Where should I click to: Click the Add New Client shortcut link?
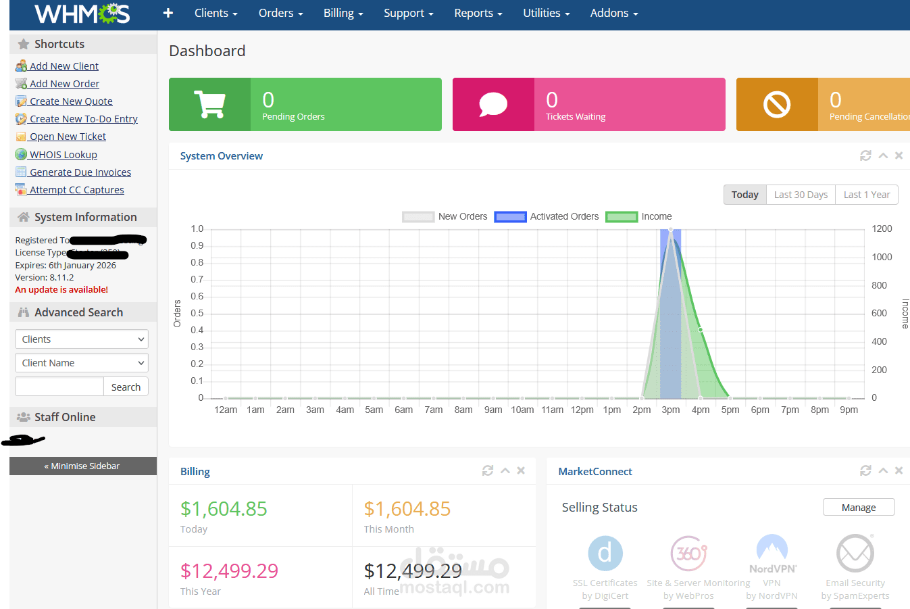click(x=64, y=66)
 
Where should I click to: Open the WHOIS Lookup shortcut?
click(x=63, y=155)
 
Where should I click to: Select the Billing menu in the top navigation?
click(x=343, y=14)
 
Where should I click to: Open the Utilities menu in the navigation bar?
click(x=546, y=14)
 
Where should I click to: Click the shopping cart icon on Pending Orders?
click(x=209, y=104)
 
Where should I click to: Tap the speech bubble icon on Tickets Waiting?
click(x=493, y=104)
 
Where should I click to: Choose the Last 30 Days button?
click(x=801, y=195)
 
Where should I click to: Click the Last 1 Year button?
click(x=867, y=195)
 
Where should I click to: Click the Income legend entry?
click(x=639, y=217)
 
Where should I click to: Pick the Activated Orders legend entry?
click(x=547, y=217)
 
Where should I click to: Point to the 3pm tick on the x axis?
click(x=671, y=410)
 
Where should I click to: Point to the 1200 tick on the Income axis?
click(x=882, y=229)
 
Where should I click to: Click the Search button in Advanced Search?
click(x=126, y=387)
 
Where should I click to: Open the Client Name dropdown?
click(x=82, y=363)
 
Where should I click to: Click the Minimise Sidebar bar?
click(x=82, y=466)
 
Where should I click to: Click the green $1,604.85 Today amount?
click(x=224, y=509)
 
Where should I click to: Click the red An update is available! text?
click(x=61, y=290)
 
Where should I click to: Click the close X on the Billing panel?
click(x=521, y=470)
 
